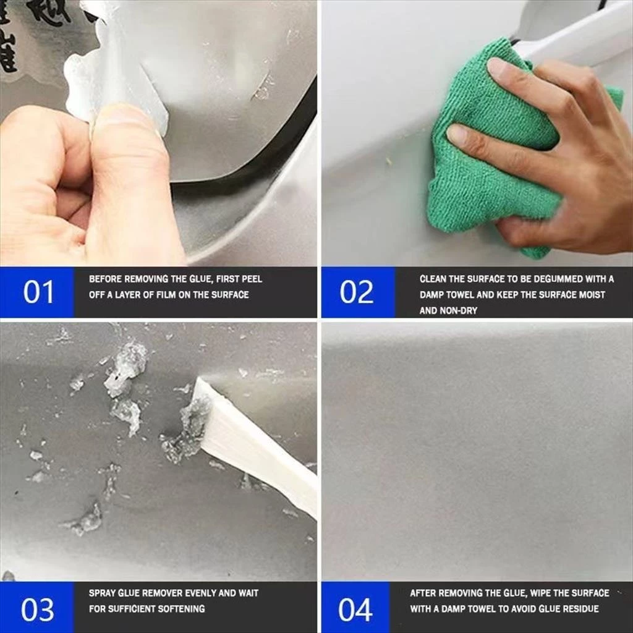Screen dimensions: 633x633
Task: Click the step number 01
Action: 38,292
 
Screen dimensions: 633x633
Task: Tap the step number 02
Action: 357,292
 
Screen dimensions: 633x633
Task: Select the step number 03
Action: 38,610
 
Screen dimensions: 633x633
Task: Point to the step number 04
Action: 355,610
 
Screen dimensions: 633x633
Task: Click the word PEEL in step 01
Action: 252,279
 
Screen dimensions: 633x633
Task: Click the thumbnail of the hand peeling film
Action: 158,134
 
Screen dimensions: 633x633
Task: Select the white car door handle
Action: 573,32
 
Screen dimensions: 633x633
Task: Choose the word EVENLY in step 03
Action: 198,593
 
